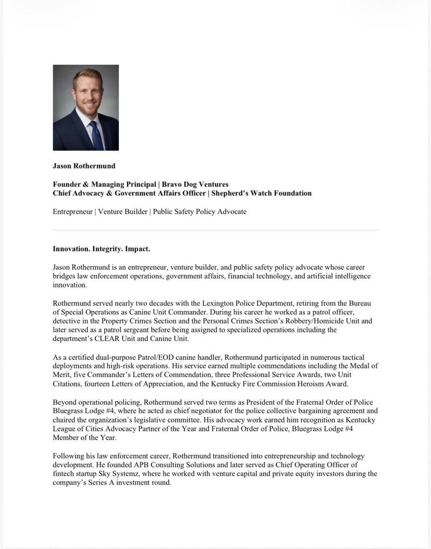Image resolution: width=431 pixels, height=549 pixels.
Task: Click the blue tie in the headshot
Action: [x=96, y=135]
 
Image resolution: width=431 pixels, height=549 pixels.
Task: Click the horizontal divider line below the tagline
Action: [x=215, y=230]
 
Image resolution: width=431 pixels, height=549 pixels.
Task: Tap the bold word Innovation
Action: [x=71, y=249]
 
